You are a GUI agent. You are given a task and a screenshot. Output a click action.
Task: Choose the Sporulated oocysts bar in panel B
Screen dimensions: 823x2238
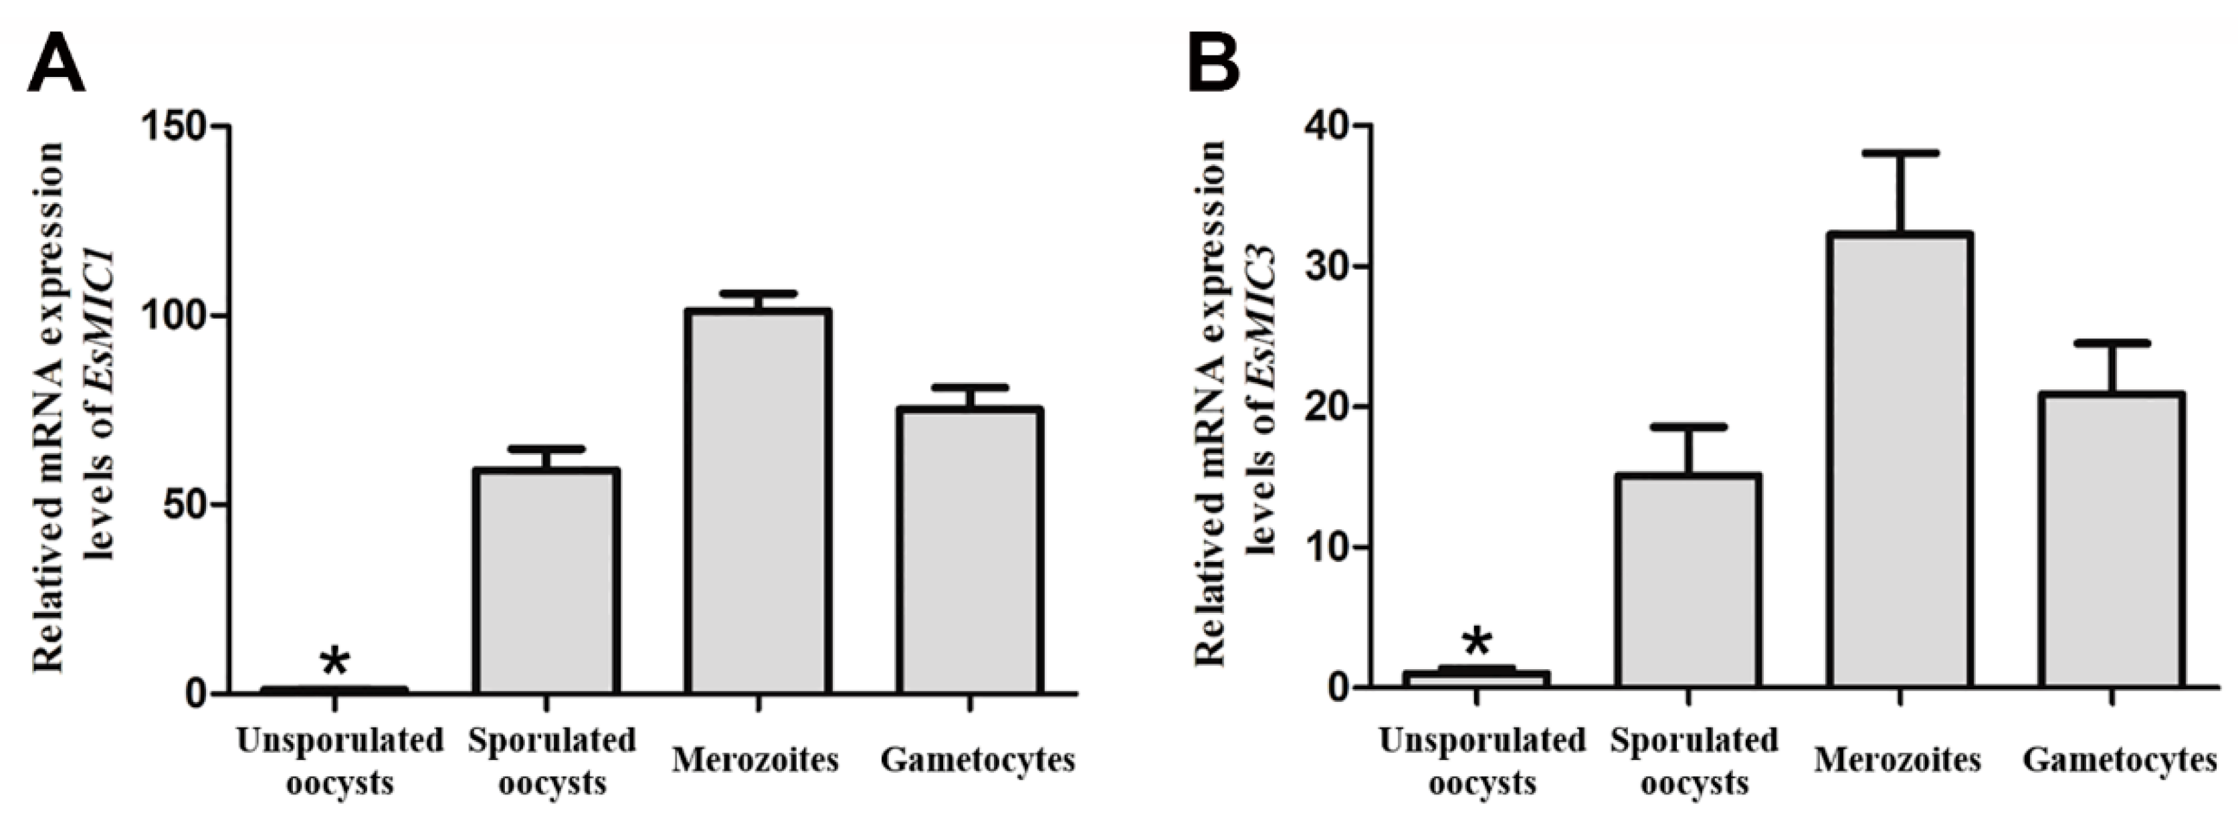click(x=1688, y=581)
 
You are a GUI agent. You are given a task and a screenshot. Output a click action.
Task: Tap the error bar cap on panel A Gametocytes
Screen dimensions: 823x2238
click(x=971, y=386)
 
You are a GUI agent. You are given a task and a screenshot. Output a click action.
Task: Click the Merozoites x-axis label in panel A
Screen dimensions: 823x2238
click(x=756, y=760)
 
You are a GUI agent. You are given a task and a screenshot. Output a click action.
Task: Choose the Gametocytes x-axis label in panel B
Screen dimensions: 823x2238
click(x=2120, y=760)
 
